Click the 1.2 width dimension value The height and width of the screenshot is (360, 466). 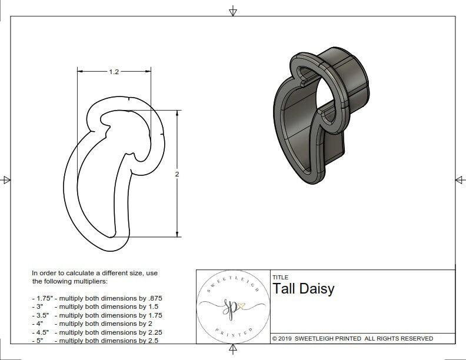(114, 72)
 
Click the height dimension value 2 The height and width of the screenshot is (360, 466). (177, 174)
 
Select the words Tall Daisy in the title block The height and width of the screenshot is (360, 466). (303, 288)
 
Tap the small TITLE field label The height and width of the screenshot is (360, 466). (280, 277)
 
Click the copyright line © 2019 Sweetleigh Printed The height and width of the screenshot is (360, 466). (353, 338)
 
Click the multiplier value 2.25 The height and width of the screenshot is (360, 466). (152, 332)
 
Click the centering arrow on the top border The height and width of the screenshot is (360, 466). (233, 11)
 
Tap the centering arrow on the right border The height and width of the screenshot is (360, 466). (460, 179)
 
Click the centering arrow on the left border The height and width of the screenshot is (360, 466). (6, 179)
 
